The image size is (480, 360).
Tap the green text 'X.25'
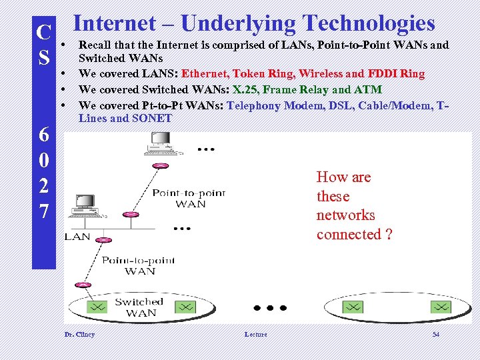(245, 89)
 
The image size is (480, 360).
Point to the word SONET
(153, 119)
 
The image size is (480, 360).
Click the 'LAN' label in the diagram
(77, 237)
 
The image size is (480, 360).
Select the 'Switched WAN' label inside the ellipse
(141, 307)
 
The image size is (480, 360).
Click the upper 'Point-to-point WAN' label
(189, 198)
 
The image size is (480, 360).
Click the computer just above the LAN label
(85, 207)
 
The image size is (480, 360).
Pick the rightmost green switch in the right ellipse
(441, 307)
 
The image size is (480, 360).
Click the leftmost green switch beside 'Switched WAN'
(97, 307)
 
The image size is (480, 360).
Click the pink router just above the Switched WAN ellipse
(83, 285)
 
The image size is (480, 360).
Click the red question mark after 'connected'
(389, 235)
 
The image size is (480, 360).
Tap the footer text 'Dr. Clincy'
(79, 334)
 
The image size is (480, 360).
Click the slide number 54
(435, 334)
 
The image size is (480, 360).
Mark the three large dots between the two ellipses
(270, 308)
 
